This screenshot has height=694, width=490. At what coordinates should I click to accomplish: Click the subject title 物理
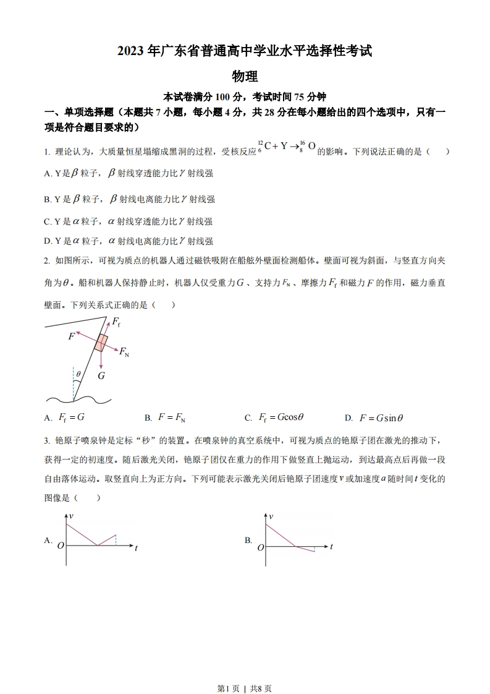(245, 76)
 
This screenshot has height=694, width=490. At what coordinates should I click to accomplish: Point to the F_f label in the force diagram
(116, 322)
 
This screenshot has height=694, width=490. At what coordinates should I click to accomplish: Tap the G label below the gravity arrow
(101, 375)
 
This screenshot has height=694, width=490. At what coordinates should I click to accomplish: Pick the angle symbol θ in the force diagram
(78, 374)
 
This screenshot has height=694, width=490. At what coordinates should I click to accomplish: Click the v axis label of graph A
(72, 515)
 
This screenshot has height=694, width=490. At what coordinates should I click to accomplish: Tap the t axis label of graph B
(332, 547)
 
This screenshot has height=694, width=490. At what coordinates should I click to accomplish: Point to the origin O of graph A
(61, 546)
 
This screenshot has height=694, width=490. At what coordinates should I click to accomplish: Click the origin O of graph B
(261, 547)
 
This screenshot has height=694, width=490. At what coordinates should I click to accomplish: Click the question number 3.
(46, 440)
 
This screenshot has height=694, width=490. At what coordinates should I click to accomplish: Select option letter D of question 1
(48, 241)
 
